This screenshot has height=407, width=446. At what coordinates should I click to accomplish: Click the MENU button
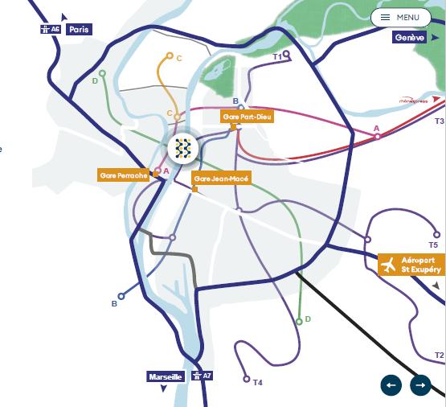coord(401,17)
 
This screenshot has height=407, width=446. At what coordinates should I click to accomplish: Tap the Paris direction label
coord(80,29)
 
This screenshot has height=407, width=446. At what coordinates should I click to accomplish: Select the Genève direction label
coord(408,38)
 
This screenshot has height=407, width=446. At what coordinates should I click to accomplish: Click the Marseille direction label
coord(166,376)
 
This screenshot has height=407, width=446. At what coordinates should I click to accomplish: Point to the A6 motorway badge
coord(50,29)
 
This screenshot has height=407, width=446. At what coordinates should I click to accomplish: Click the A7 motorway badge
coord(202,376)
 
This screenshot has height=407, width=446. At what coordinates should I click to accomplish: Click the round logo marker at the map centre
coord(185,147)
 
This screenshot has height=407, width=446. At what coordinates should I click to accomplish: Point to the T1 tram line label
coord(277,57)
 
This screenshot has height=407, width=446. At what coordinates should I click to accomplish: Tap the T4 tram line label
coord(257,382)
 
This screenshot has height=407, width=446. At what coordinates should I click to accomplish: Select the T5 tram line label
coord(434,245)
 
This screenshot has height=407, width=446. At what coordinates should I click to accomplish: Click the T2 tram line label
coord(439,355)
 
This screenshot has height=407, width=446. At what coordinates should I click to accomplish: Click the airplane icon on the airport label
coord(390,265)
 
